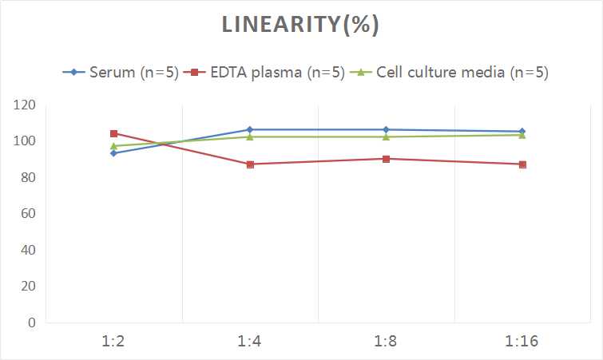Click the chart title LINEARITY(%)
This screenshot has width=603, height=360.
click(300, 26)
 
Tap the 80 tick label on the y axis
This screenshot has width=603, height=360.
click(27, 178)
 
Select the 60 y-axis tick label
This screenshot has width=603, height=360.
click(27, 214)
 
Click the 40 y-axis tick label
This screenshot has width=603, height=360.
click(27, 250)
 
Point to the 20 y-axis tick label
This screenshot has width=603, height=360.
click(27, 287)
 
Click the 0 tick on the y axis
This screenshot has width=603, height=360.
click(31, 322)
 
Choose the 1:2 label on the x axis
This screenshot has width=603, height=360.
click(114, 342)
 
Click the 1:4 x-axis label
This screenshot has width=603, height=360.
click(250, 342)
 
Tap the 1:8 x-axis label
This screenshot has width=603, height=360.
click(386, 342)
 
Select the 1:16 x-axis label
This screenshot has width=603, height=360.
click(522, 342)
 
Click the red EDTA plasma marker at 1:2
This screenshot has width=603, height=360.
click(114, 133)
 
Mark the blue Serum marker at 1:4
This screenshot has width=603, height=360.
click(250, 129)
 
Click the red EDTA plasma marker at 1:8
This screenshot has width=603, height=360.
click(386, 159)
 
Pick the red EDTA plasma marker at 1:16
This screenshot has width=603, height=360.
click(522, 164)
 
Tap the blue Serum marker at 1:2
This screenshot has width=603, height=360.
click(114, 153)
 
